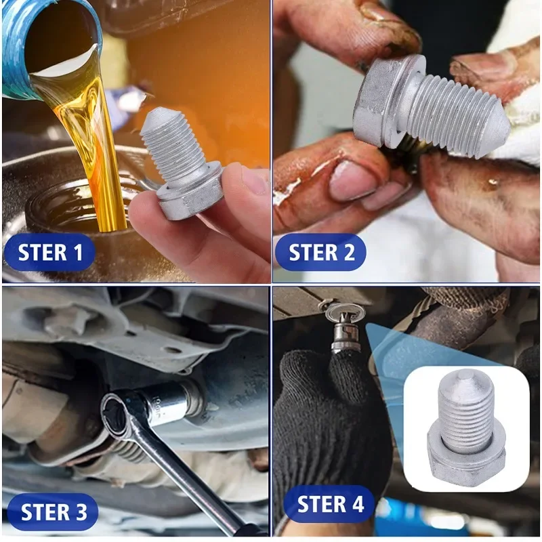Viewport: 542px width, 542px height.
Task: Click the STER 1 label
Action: pos(50,253)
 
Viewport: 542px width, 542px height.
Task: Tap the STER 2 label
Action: pos(321,253)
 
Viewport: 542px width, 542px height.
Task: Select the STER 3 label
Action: pos(54,512)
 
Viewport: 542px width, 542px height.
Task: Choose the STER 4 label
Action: pos(330,505)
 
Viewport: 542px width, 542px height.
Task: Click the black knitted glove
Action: pos(325,420)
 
